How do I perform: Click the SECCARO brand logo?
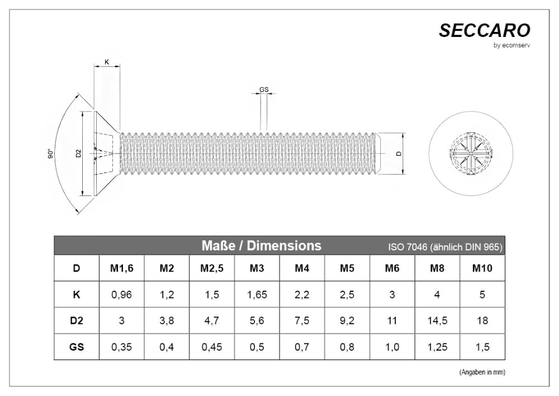485,30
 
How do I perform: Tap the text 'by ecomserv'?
511,45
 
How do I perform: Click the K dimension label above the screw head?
107,62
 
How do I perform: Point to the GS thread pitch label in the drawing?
264,90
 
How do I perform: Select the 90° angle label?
51,154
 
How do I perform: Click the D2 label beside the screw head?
79,153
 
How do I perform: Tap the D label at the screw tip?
399,153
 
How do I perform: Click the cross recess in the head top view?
471,153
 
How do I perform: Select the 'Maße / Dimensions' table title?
261,246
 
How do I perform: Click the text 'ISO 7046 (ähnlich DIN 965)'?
446,247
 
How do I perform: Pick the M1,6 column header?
121,268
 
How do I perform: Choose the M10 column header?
482,268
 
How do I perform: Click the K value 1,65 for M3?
257,295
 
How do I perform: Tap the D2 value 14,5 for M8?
437,320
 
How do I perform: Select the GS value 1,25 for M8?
437,347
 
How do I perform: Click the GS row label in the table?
76,347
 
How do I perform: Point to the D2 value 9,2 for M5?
347,320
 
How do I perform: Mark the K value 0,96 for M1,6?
121,295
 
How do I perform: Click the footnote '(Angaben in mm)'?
482,372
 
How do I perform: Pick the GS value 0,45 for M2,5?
212,347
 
